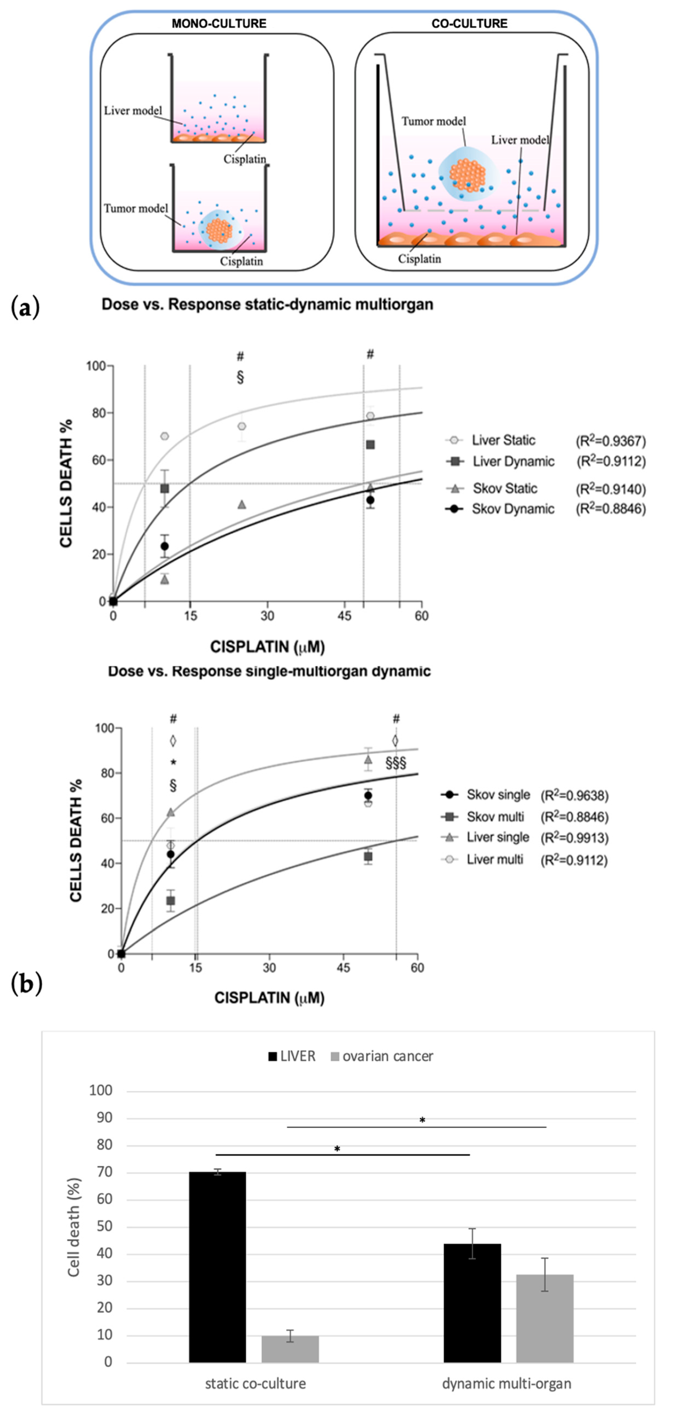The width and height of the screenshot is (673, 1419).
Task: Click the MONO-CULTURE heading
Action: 219,24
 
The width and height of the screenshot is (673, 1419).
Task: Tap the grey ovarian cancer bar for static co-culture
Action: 290,1349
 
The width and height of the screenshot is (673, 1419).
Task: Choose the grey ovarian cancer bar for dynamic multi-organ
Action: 545,1318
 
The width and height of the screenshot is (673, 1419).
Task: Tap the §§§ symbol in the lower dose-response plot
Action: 396,763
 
